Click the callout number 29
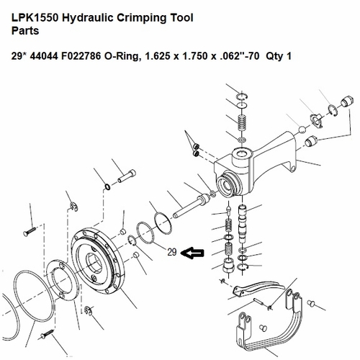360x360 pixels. [x=171, y=252]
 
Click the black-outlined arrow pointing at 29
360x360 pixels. [x=194, y=253]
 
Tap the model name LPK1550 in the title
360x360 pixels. [x=32, y=15]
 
